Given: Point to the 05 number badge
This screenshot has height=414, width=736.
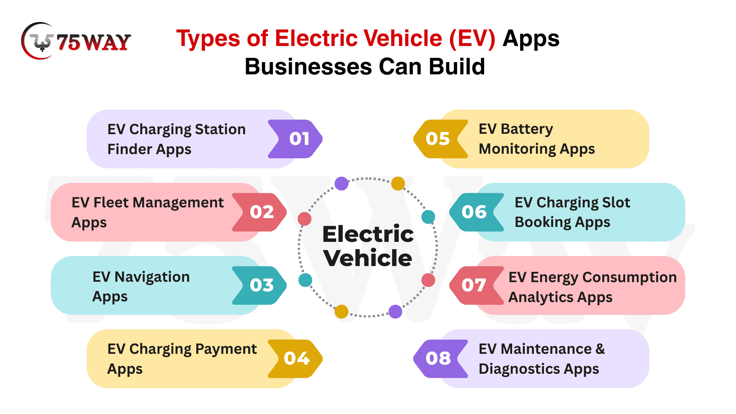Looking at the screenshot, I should pyautogui.click(x=439, y=139).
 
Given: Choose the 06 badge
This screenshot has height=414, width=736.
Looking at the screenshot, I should pyautogui.click(x=475, y=212).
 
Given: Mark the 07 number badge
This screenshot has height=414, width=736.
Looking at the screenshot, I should pyautogui.click(x=475, y=285).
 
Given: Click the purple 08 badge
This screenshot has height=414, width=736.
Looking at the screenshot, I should pyautogui.click(x=439, y=358).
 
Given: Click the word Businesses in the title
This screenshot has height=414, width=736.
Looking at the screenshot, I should pyautogui.click(x=308, y=67).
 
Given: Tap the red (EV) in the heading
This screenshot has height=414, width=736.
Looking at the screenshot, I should pyautogui.click(x=472, y=39).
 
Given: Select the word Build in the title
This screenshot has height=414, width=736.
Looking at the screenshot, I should pyautogui.click(x=457, y=67).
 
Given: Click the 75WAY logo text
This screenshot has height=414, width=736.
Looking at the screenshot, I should pyautogui.click(x=94, y=42).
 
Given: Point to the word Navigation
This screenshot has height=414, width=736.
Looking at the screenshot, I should pyautogui.click(x=152, y=277).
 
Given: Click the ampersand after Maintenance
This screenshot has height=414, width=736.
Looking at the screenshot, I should pyautogui.click(x=600, y=349).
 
